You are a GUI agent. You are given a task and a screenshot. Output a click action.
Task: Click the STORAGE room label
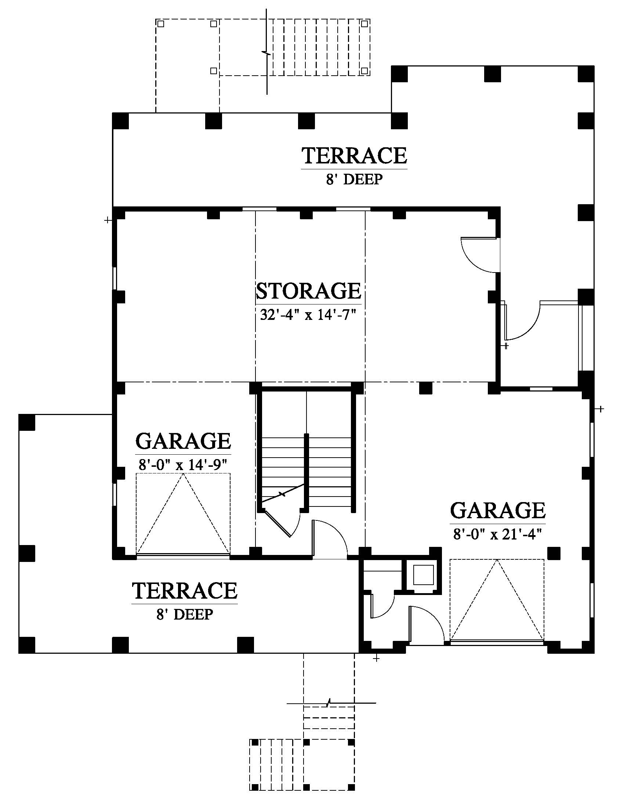308,291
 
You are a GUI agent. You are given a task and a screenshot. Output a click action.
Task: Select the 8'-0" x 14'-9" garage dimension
183,465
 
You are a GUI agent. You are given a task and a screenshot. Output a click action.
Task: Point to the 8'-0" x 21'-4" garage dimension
498,535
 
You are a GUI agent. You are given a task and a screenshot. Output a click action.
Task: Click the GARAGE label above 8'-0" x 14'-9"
183,441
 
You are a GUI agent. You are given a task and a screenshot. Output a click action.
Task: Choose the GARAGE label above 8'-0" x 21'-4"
498,511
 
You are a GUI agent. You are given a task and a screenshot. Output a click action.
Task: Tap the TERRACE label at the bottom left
185,591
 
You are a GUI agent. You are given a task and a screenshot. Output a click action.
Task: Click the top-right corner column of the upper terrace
586,73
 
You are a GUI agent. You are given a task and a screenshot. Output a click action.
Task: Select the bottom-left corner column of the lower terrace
27,645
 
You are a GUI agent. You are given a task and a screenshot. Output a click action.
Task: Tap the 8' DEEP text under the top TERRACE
354,180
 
